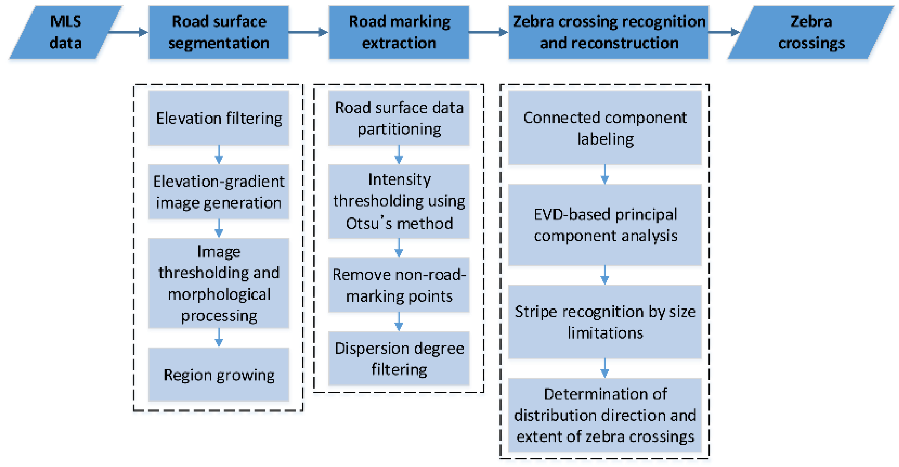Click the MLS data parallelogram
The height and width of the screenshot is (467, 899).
[65, 32]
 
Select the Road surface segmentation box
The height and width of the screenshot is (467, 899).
[219, 32]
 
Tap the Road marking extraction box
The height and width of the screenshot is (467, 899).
[399, 32]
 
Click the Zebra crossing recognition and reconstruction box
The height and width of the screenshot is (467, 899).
[609, 32]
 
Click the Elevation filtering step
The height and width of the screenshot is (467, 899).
[219, 118]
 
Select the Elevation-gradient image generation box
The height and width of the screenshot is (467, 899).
[219, 192]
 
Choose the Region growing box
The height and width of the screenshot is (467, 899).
[219, 375]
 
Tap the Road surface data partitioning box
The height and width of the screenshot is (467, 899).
[399, 118]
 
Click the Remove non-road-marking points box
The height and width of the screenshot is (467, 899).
[399, 285]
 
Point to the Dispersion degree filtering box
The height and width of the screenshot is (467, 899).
[399, 358]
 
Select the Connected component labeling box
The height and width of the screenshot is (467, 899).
[605, 128]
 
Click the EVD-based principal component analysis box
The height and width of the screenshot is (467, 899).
[605, 225]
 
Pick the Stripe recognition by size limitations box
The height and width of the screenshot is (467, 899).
[605, 322]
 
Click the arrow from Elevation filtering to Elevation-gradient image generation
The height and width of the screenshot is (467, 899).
[219, 154]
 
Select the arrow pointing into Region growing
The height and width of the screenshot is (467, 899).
[219, 337]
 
